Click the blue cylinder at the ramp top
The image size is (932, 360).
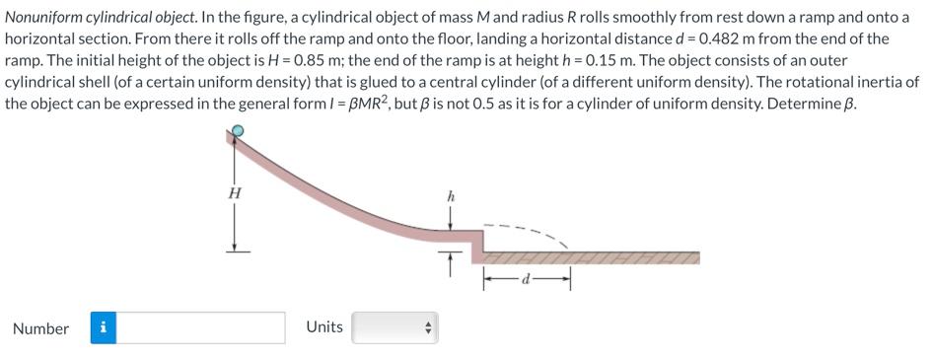click(x=238, y=132)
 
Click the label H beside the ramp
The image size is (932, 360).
click(x=234, y=193)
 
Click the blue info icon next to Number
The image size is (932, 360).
click(x=104, y=327)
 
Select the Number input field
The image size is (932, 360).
click(x=200, y=327)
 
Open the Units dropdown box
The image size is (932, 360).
click(x=394, y=327)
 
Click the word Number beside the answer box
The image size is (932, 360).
click(x=40, y=328)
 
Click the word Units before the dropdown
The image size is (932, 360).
click(x=324, y=326)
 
